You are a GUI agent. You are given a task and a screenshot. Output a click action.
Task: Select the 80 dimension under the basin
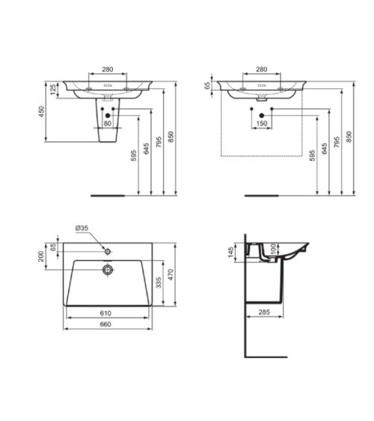point(108,123)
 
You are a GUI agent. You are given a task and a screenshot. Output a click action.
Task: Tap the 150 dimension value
point(262,123)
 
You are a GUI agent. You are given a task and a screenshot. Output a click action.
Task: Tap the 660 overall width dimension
point(105,324)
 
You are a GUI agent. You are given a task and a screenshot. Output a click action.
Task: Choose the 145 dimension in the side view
point(232,255)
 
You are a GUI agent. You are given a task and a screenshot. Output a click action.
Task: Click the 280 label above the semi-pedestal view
point(107,70)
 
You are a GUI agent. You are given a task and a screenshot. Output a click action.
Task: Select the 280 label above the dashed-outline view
point(261,70)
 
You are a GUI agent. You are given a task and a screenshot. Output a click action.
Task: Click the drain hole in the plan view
point(108,267)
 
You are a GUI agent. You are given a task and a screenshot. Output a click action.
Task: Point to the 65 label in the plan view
point(52,246)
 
